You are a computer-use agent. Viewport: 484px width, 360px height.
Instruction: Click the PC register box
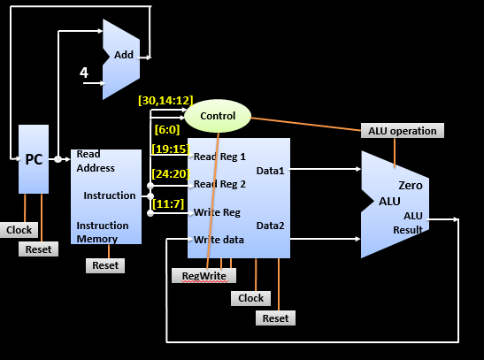(34, 159)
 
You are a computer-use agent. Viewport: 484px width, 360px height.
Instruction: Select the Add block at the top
(123, 55)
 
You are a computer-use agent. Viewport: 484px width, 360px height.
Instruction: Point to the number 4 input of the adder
(84, 73)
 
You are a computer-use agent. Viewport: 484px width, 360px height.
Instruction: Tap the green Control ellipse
(218, 116)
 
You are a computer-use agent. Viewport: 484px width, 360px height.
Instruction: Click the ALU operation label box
(403, 131)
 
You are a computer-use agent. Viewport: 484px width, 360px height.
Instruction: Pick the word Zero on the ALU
(411, 186)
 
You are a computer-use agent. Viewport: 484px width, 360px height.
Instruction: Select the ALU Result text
(413, 223)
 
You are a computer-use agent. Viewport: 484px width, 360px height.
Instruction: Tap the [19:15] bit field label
(170, 149)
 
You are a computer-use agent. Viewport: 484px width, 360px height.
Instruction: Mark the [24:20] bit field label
(170, 172)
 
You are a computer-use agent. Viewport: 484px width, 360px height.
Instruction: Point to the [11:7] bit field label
(169, 204)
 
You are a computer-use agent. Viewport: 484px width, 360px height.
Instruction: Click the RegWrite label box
(204, 276)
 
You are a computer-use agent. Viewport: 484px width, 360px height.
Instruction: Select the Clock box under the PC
(19, 230)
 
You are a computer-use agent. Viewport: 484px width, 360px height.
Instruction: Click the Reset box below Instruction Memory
(105, 265)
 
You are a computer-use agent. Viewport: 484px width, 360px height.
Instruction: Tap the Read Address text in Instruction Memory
(96, 161)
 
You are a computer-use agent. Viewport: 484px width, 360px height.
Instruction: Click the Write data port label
(218, 240)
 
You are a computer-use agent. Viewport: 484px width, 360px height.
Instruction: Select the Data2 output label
(270, 226)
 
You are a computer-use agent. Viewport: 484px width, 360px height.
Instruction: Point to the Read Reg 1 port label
(220, 157)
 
